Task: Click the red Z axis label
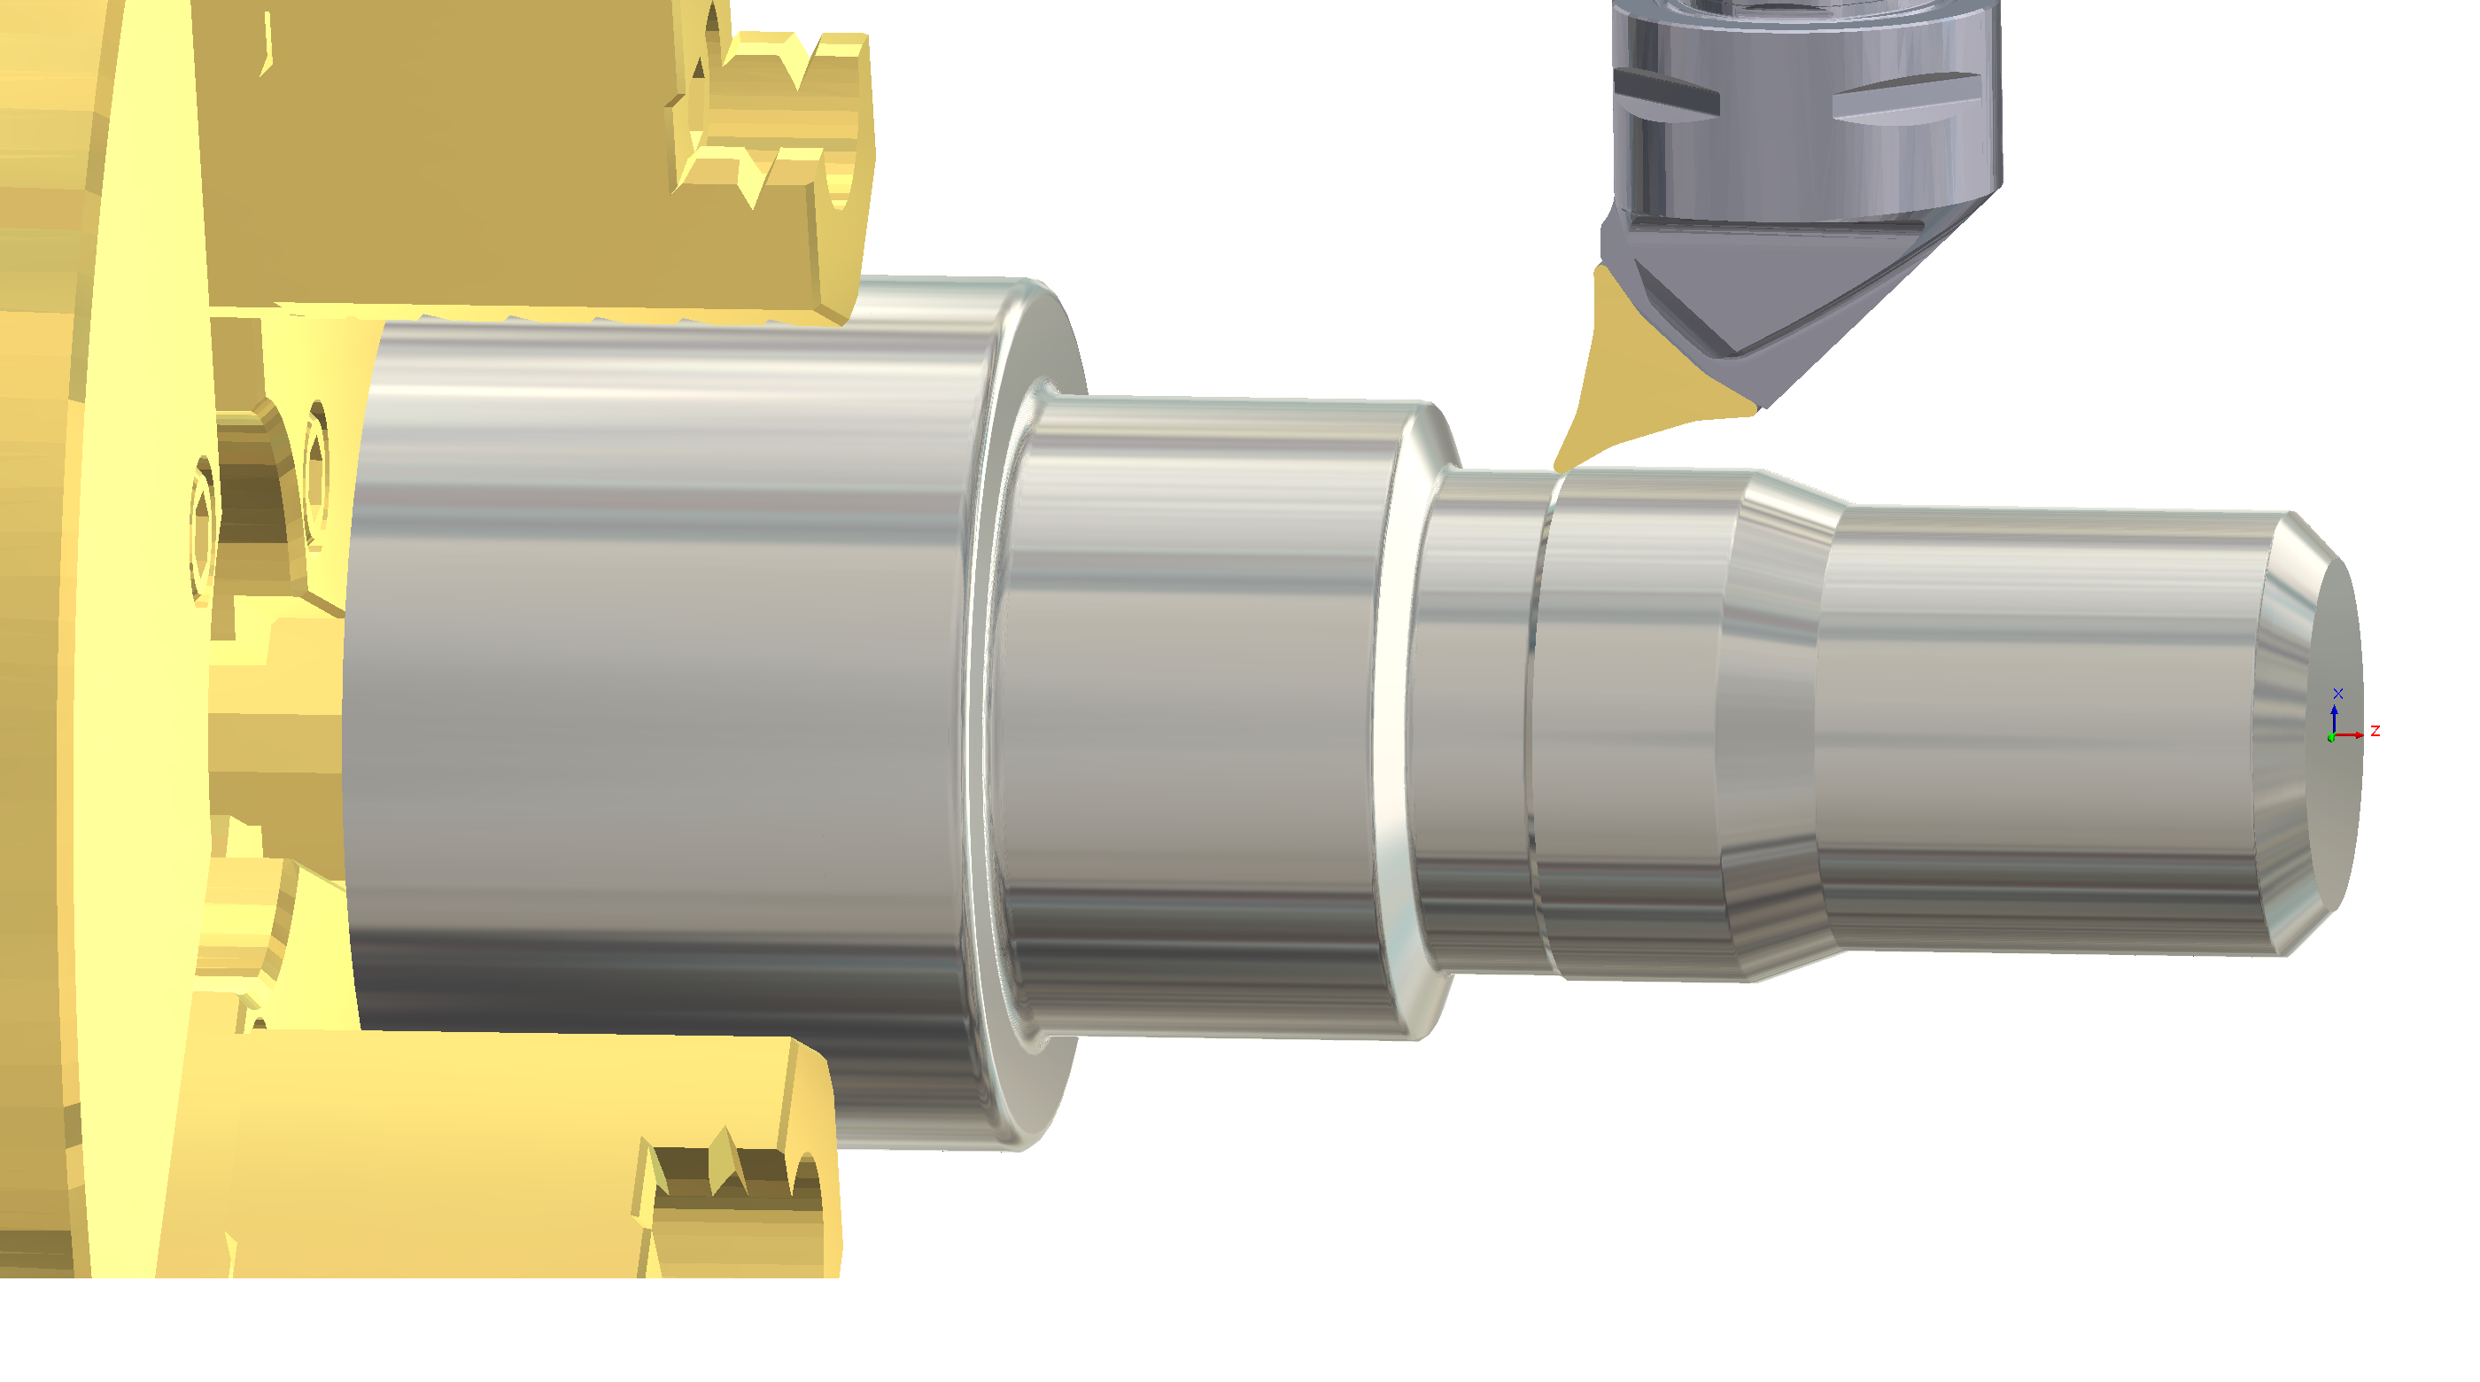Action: (2375, 731)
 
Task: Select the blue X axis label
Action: (2338, 694)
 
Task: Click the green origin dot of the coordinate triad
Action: (2331, 738)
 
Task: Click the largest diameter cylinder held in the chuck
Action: (655, 674)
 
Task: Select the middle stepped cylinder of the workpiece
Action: (1194, 712)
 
